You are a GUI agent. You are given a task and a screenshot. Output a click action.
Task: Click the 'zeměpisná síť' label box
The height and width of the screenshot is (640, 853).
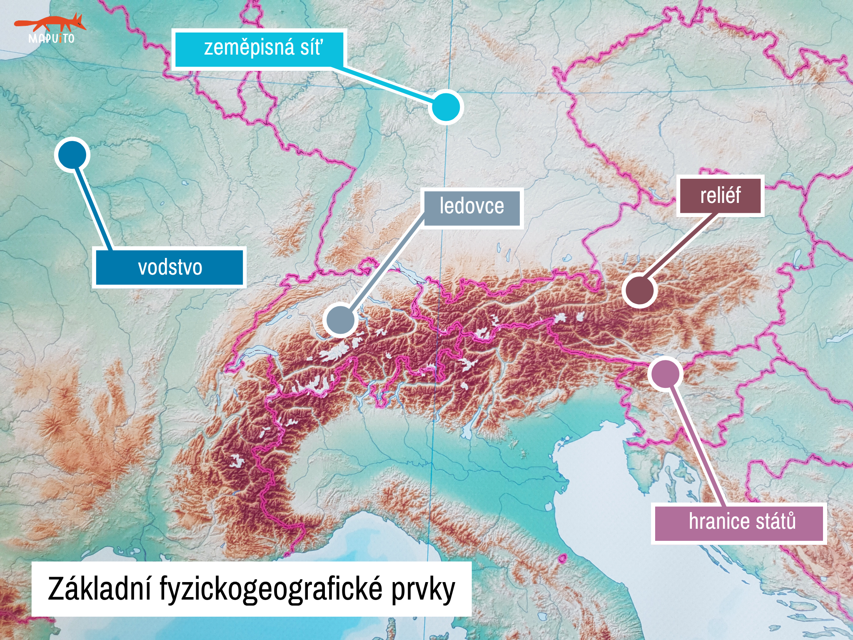tap(259, 48)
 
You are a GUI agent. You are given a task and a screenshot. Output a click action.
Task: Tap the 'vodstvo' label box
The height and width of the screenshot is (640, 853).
tap(169, 267)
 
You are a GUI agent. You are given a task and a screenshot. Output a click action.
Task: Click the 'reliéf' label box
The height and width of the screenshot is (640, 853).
tap(720, 195)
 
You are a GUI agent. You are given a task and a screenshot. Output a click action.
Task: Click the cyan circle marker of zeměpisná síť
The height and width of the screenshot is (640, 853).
tap(446, 107)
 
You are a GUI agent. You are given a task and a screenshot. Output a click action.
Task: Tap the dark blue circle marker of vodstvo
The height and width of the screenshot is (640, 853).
tap(72, 155)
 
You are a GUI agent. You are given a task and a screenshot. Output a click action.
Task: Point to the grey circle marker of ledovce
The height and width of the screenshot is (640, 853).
tap(340, 320)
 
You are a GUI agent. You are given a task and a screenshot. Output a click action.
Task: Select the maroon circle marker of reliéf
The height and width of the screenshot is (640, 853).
tap(639, 290)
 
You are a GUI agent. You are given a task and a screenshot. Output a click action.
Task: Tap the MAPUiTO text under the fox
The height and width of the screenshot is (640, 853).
tap(51, 39)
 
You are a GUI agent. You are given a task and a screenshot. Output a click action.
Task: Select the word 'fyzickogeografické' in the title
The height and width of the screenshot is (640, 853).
tap(271, 589)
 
